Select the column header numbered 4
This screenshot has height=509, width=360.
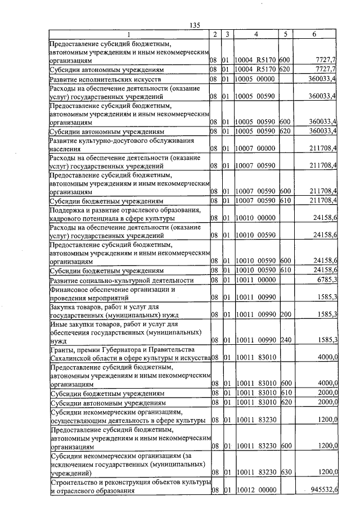click(256, 34)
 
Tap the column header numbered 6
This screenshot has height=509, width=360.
click(314, 34)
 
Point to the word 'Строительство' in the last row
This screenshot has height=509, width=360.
click(75, 483)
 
